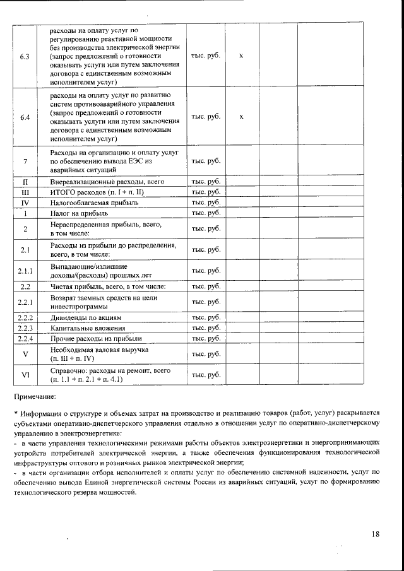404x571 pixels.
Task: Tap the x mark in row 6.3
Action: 242,56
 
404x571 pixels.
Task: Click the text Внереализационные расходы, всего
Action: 107,182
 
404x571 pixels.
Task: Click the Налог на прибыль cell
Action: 81,213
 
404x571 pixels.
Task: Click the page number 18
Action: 376,534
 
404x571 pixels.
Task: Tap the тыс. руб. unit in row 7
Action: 206,162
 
